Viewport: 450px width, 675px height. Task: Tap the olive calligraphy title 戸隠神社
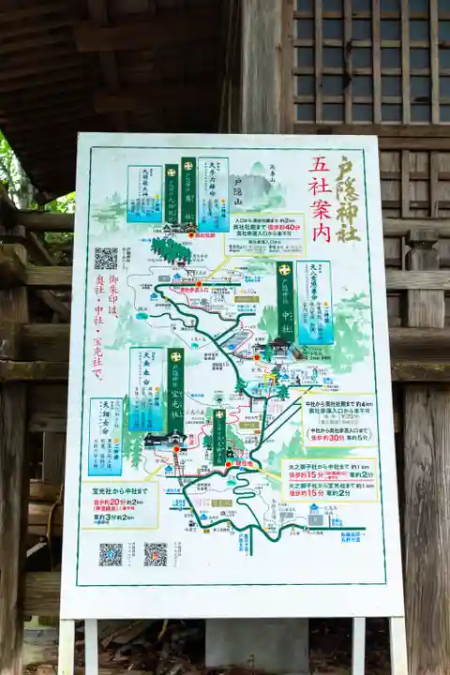tap(347, 198)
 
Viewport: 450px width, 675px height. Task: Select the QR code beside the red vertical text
tap(106, 259)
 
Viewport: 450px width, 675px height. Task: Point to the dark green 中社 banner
tap(285, 301)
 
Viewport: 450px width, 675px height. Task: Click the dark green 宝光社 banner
tap(175, 390)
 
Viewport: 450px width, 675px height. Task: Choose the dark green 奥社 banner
tap(188, 192)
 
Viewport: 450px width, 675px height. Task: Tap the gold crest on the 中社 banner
tap(285, 270)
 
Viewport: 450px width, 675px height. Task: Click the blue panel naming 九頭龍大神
tap(144, 194)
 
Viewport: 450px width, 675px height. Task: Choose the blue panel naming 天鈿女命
tap(105, 436)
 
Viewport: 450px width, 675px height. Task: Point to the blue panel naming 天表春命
tap(146, 389)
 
